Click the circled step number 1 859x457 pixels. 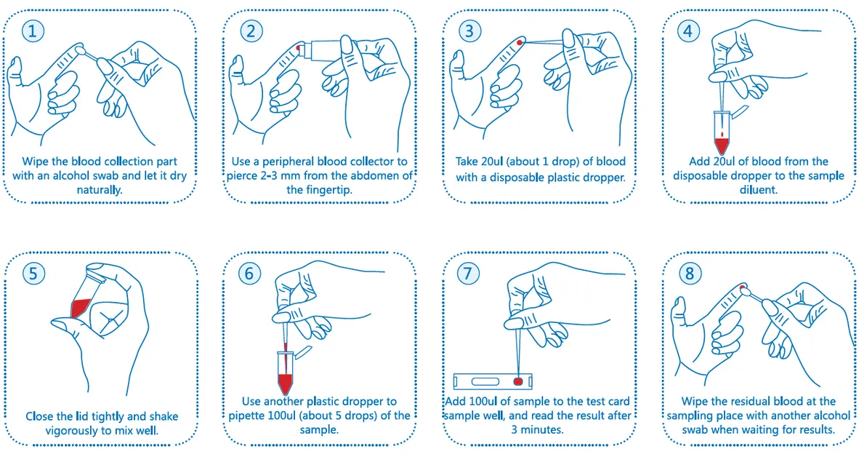(x=32, y=31)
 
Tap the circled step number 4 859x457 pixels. (x=688, y=31)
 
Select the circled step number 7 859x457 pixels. (x=468, y=273)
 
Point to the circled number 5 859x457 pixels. (x=33, y=273)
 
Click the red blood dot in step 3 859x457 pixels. (x=520, y=42)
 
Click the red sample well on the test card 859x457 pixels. (x=518, y=381)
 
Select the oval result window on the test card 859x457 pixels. (x=485, y=381)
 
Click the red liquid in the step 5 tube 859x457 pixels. (x=81, y=308)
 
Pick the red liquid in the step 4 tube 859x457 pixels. (x=722, y=146)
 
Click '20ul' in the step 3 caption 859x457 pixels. (x=491, y=162)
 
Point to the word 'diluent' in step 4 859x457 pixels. (x=759, y=190)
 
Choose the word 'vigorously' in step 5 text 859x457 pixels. (x=72, y=431)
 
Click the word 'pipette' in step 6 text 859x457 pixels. (x=247, y=416)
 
